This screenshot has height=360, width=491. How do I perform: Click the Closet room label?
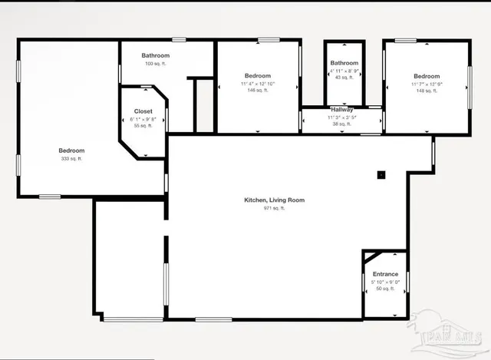click(x=143, y=111)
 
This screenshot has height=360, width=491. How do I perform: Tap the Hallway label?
click(x=341, y=110)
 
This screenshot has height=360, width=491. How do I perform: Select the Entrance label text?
click(x=385, y=274)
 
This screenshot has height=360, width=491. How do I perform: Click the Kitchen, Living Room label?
click(x=274, y=200)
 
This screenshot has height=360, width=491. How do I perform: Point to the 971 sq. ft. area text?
click(x=274, y=208)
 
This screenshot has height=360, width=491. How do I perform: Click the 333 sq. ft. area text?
click(x=71, y=159)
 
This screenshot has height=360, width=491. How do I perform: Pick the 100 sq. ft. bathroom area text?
click(x=156, y=63)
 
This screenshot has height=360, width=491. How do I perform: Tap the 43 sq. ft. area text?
click(x=344, y=77)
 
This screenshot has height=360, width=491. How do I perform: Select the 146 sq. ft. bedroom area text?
click(x=258, y=91)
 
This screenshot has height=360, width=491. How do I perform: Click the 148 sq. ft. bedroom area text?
click(x=427, y=91)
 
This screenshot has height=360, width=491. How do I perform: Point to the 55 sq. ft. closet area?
click(x=143, y=126)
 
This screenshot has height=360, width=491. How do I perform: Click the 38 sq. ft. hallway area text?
click(x=341, y=124)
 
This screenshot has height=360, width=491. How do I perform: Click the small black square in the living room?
click(x=381, y=174)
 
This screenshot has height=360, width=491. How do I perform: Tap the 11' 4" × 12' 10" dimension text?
click(x=258, y=83)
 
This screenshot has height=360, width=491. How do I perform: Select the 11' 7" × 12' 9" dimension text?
click(x=427, y=83)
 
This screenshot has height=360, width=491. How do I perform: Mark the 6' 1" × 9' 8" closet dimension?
click(x=143, y=119)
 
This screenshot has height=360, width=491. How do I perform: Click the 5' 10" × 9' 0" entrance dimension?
click(x=385, y=282)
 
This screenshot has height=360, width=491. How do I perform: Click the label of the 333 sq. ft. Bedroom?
click(x=71, y=150)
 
